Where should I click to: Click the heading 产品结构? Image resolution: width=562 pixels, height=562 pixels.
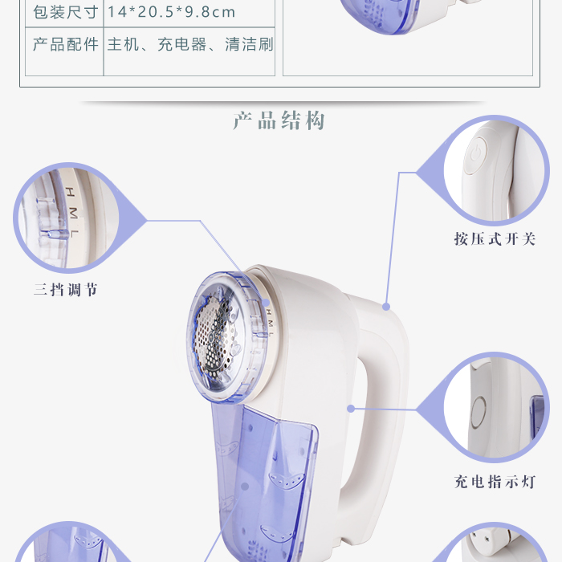coord(279,120)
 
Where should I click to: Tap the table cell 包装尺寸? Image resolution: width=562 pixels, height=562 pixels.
coord(66,12)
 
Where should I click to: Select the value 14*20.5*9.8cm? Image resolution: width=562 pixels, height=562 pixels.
coord(171,12)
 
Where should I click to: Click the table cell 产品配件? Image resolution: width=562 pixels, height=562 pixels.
coord(66,44)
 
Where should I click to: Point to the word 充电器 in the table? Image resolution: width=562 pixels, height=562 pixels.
coord(182,44)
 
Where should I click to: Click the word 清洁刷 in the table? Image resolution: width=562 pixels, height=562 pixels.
coord(250,44)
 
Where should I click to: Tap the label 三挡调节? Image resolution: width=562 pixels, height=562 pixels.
coord(66,289)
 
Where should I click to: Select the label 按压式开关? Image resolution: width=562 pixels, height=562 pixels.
coord(495,238)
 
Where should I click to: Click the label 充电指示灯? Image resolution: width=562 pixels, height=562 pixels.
coord(495,482)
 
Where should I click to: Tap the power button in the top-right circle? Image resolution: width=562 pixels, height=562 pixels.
coord(476,155)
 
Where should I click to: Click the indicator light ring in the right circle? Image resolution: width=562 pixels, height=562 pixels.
coord(479,412)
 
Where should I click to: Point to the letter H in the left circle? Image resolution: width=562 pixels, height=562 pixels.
coord(71,192)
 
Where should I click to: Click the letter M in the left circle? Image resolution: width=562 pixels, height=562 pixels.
coord(73,214)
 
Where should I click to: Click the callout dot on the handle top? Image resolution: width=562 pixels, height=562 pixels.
coord(386,307)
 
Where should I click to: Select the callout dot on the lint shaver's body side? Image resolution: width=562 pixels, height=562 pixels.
coord(351,408)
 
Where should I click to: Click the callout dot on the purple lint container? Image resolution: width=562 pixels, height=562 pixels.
coord(245,487)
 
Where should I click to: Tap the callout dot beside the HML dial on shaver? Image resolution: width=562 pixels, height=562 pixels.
coord(266,303)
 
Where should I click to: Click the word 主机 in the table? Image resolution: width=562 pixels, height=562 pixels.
coord(124,44)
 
